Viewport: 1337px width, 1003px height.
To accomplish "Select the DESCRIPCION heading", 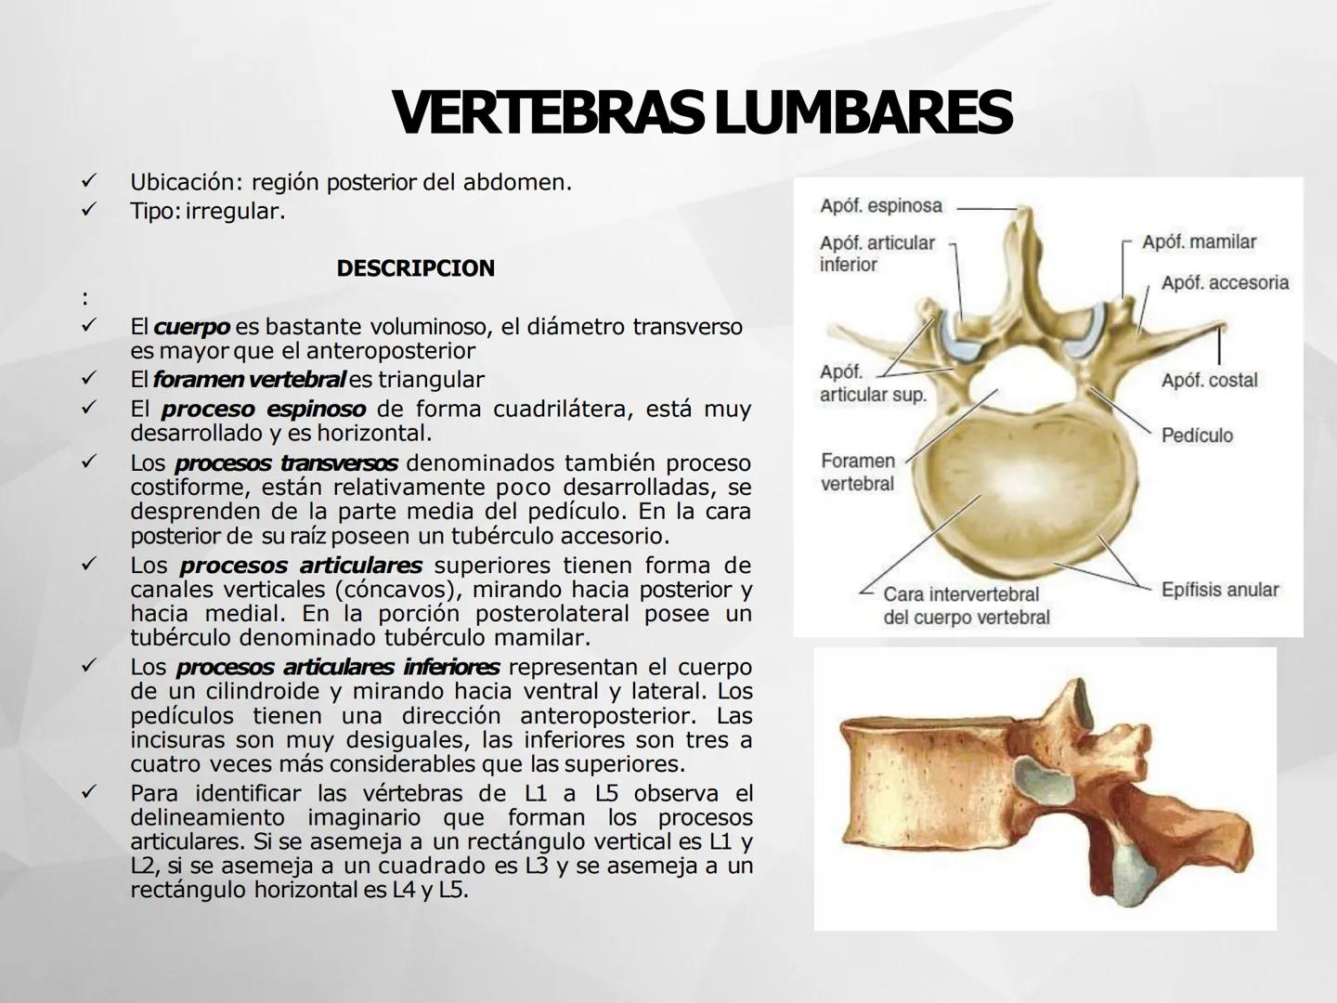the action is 415,268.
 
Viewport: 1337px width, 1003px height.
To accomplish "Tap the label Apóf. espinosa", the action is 881,206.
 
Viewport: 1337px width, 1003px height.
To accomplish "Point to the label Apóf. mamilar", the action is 1199,242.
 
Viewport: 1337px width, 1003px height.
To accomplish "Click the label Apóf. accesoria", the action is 1225,282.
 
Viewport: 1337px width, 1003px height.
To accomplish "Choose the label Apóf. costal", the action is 1209,380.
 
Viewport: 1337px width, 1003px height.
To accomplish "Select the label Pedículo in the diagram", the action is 1197,436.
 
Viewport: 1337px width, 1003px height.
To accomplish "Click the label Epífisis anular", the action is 1219,590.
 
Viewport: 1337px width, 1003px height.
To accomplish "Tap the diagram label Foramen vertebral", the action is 857,472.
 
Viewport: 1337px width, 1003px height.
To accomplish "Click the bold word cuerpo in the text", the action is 191,327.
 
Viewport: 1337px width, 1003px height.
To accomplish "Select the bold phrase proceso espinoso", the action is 263,410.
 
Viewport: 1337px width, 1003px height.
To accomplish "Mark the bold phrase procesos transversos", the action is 286,462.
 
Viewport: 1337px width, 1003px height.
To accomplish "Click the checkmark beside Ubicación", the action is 89,182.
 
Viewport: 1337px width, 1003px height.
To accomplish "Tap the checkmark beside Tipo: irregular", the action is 89,211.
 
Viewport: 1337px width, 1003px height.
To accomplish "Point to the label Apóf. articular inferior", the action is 876,254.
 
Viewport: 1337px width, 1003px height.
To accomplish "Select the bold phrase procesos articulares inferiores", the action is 338,667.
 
